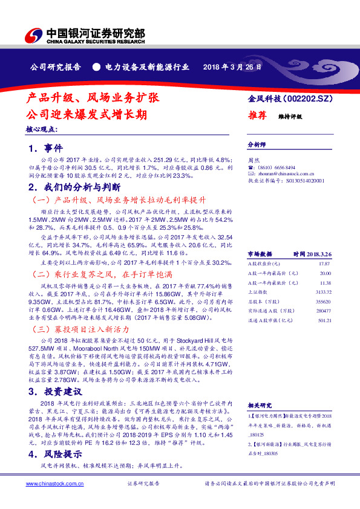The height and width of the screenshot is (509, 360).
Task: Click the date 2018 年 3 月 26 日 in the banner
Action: pos(232,66)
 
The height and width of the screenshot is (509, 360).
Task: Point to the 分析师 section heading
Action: pos(257,146)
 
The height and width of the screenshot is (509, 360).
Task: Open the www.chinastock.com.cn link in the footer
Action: pos(50,484)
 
